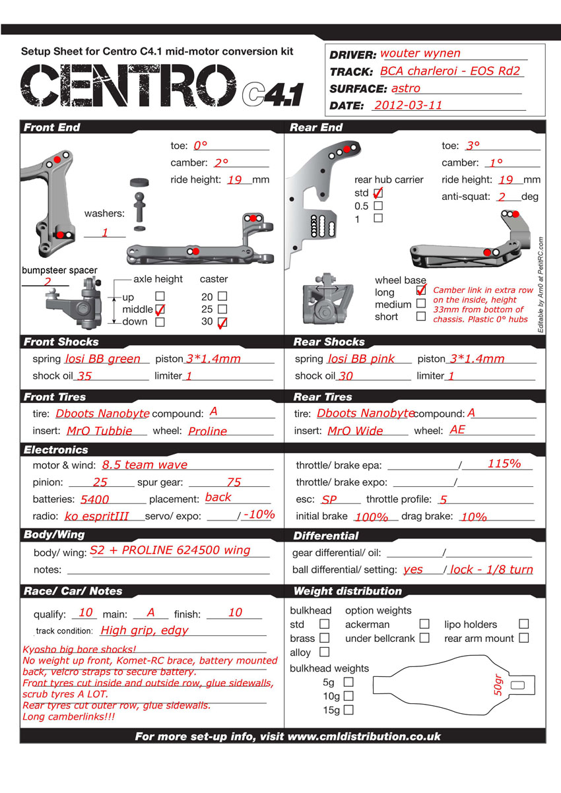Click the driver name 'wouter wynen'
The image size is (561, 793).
click(x=420, y=53)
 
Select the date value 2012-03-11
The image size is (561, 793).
click(x=407, y=105)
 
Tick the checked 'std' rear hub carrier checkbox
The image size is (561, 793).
click(x=378, y=193)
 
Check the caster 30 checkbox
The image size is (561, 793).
click(x=222, y=322)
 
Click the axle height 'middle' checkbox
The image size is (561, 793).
click(x=160, y=309)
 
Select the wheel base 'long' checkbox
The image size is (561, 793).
click(x=420, y=290)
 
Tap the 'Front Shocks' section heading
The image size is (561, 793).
click(x=61, y=342)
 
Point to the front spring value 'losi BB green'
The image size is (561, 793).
click(x=103, y=359)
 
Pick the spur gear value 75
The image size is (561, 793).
click(x=234, y=482)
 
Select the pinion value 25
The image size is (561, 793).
click(x=100, y=482)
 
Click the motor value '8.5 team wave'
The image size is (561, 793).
click(x=145, y=465)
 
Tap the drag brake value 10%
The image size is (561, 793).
click(x=473, y=517)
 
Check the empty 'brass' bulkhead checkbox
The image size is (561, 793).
click(x=325, y=638)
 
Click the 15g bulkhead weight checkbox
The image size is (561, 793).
click(x=348, y=710)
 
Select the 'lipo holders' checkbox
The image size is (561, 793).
click(x=523, y=623)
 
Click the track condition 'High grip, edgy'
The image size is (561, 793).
click(x=145, y=630)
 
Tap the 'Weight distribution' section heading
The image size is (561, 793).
click(x=348, y=591)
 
